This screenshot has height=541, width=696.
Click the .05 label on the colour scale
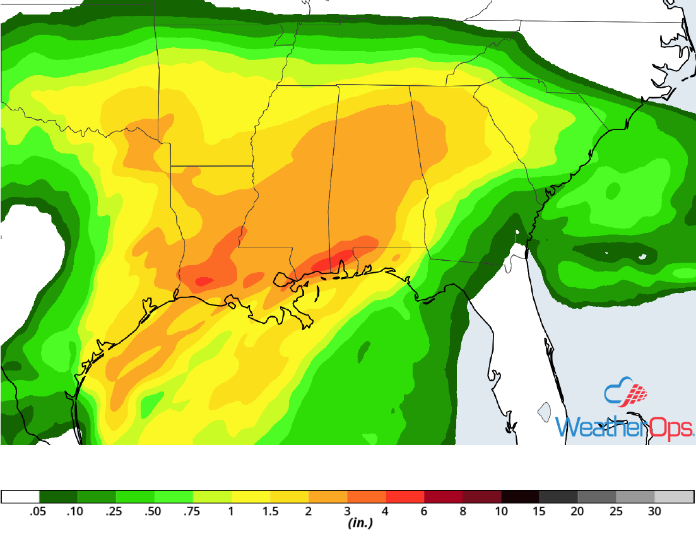tap(38, 512)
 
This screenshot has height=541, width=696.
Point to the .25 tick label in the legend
tap(115, 512)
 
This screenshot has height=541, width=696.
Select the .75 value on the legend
tap(192, 512)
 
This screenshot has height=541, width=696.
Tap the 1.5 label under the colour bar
tap(270, 512)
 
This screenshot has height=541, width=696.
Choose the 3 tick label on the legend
tap(347, 512)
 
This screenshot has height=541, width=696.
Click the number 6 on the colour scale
tap(424, 512)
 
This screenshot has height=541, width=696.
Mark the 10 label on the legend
tap(501, 512)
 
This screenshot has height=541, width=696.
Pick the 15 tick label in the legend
tap(540, 512)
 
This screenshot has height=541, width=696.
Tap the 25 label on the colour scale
tap(616, 512)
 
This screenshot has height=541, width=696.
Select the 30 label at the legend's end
tap(654, 512)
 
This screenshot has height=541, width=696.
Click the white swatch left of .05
tap(20, 496)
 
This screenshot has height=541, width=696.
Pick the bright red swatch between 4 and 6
tap(404, 496)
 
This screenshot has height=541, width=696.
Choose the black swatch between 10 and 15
tap(520, 496)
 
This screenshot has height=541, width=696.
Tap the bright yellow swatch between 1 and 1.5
tap(251, 496)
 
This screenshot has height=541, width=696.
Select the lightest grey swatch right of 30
tap(674, 496)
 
